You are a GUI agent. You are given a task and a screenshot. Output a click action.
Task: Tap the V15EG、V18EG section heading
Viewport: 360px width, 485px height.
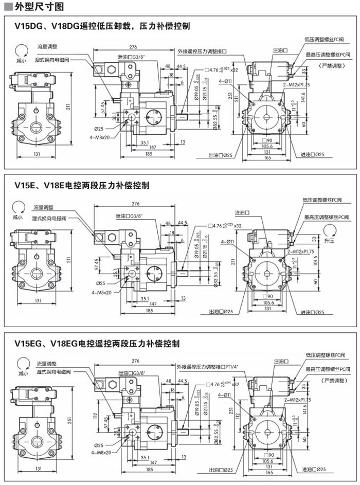97,343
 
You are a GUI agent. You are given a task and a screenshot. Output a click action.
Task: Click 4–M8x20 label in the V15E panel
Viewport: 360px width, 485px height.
101,292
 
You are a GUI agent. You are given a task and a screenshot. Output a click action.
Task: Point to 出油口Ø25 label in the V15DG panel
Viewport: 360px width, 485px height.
221,155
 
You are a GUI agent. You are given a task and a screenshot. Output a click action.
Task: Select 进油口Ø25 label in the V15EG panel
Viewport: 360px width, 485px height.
313,469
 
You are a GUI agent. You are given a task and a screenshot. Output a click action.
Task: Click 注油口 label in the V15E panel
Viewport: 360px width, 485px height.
242,212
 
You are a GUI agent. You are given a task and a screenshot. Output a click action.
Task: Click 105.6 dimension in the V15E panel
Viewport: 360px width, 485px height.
267,302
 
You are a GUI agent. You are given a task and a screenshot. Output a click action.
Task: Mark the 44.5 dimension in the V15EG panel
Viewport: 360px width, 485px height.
181,381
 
